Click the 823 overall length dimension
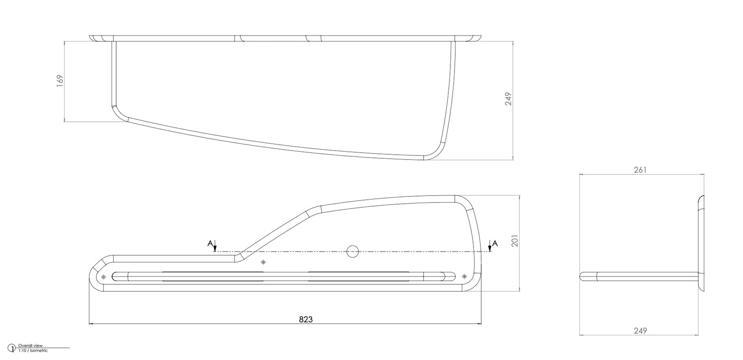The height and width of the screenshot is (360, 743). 305,319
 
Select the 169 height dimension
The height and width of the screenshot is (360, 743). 60,81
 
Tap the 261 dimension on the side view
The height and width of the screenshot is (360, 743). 640,170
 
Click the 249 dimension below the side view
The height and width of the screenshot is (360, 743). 640,331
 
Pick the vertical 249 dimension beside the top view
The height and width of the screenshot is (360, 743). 508,99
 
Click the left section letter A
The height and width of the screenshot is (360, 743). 210,244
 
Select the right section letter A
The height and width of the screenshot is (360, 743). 495,244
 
